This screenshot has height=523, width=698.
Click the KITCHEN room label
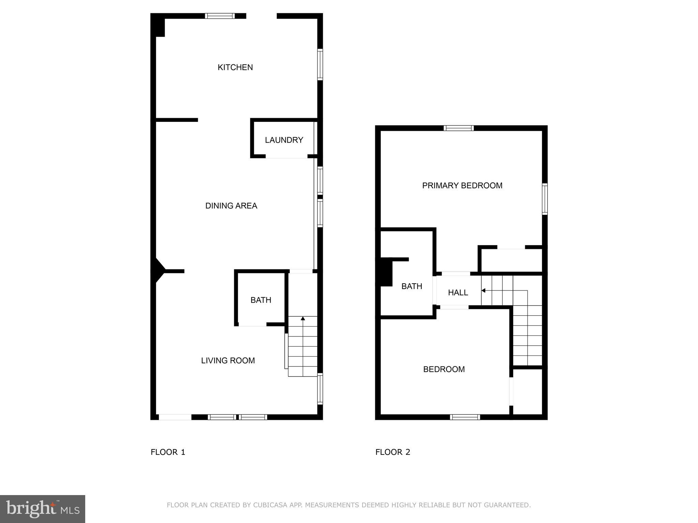click(235, 67)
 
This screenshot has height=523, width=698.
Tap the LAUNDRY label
click(284, 140)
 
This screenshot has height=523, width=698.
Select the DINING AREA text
click(231, 206)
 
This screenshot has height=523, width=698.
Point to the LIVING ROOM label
click(228, 361)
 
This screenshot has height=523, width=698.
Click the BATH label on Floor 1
click(261, 300)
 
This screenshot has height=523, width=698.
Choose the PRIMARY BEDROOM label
click(462, 186)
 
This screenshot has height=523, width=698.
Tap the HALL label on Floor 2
click(458, 292)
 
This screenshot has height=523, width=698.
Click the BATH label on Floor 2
click(412, 286)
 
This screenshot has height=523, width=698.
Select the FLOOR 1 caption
click(168, 452)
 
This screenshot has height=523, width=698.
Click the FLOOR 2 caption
click(393, 452)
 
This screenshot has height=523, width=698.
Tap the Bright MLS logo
click(42, 509)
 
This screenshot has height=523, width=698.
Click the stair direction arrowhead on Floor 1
click(303, 318)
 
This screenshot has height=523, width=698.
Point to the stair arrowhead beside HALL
click(483, 290)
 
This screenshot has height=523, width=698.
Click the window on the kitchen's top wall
click(220, 16)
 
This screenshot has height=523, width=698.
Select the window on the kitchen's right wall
click(320, 65)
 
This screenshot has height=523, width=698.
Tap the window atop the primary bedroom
click(459, 128)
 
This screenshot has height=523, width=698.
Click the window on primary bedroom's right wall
click(545, 199)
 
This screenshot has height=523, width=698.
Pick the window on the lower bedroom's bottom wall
click(465, 417)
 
